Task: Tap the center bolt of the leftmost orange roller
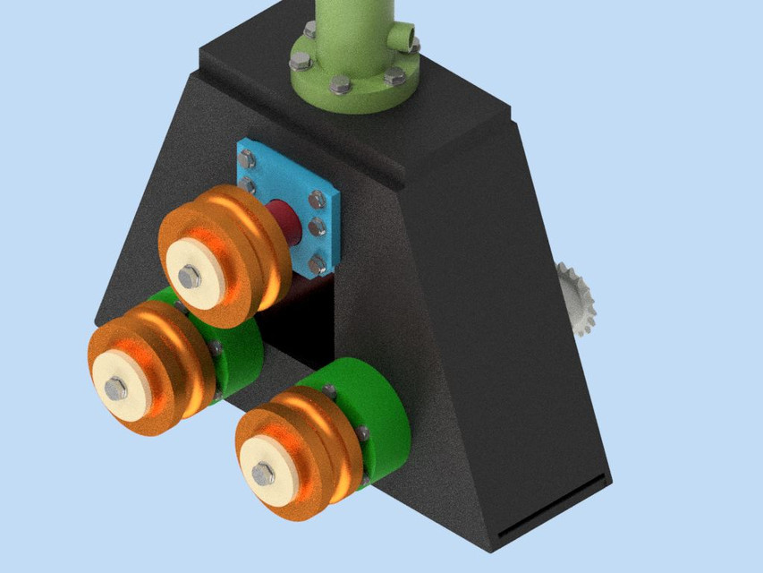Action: [116, 388]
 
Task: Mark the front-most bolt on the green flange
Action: [340, 85]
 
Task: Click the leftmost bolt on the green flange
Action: [300, 62]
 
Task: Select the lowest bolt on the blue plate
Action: [317, 264]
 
